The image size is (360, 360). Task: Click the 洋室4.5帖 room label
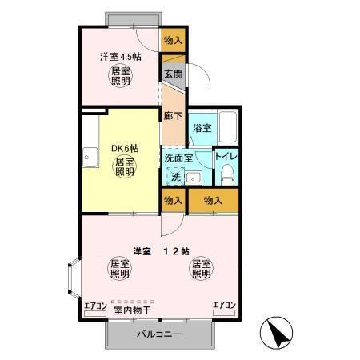click(x=121, y=57)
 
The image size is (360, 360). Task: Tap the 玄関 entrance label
click(x=174, y=74)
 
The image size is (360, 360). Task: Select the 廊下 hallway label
click(x=173, y=115)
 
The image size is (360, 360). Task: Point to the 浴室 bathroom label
click(x=201, y=128)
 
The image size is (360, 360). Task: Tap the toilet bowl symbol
click(x=227, y=174)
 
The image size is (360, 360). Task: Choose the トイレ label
click(x=226, y=156)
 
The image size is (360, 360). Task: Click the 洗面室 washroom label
click(x=178, y=158)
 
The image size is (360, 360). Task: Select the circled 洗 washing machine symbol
click(x=176, y=176)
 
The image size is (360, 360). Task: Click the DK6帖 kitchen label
click(x=125, y=149)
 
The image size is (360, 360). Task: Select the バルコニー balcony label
click(x=158, y=334)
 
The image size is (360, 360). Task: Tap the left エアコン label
click(x=95, y=305)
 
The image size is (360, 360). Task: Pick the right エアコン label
click(x=223, y=305)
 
